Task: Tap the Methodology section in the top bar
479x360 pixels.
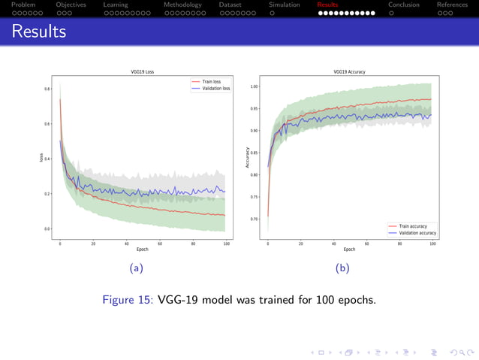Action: point(182,5)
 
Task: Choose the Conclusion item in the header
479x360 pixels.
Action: point(403,5)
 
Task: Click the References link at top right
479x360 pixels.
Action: point(451,5)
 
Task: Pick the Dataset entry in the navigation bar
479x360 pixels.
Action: point(230,5)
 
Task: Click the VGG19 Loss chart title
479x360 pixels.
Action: point(142,72)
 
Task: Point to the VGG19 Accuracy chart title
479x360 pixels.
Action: point(349,72)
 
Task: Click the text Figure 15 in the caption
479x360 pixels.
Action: point(128,300)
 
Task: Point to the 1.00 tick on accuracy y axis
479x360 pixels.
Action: point(254,86)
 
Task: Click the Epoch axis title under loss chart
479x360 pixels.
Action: point(142,250)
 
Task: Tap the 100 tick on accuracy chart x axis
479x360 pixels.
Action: point(432,244)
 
